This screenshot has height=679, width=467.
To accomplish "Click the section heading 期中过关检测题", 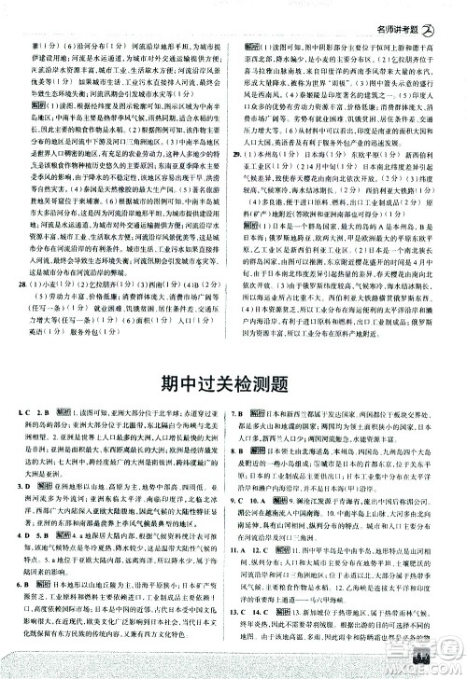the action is tap(233, 381).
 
